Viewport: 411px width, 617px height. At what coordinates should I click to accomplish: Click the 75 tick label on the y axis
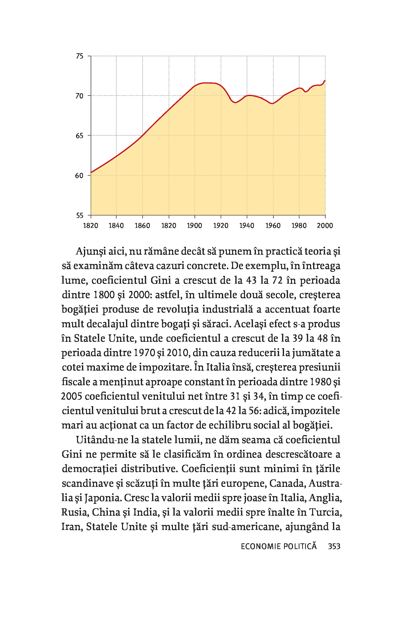point(80,56)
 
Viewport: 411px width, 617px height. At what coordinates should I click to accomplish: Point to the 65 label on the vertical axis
point(80,136)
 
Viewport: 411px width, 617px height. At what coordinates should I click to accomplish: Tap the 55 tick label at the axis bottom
point(80,216)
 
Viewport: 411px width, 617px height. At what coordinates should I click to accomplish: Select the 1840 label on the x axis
point(116,226)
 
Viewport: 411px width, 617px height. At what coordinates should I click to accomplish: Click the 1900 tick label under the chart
point(195,226)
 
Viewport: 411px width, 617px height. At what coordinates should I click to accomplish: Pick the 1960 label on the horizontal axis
point(273,226)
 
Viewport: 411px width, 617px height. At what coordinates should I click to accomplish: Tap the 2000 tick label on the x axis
point(325,226)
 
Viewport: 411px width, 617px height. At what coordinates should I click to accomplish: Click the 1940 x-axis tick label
point(247,226)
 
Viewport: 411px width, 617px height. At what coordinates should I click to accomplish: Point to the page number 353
point(334,546)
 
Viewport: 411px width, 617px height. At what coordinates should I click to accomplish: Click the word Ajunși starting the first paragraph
point(90,252)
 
